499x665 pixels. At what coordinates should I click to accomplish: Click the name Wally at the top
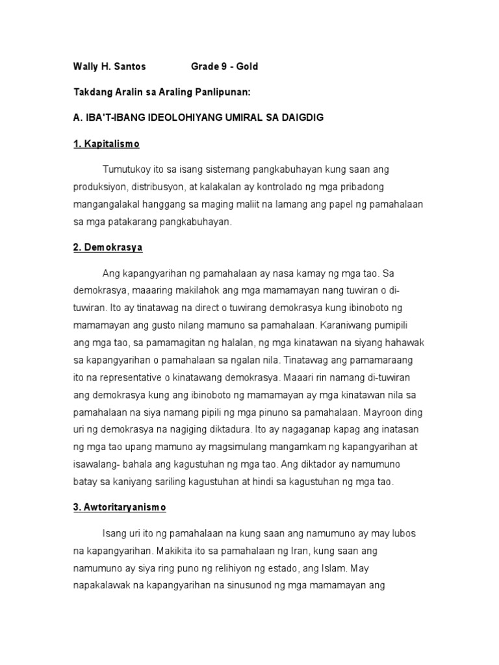pos(84,66)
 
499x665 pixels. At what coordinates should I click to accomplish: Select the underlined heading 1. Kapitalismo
pos(106,144)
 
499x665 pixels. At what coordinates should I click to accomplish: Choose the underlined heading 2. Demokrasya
pos(108,247)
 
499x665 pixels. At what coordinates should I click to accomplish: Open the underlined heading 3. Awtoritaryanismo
pos(120,507)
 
